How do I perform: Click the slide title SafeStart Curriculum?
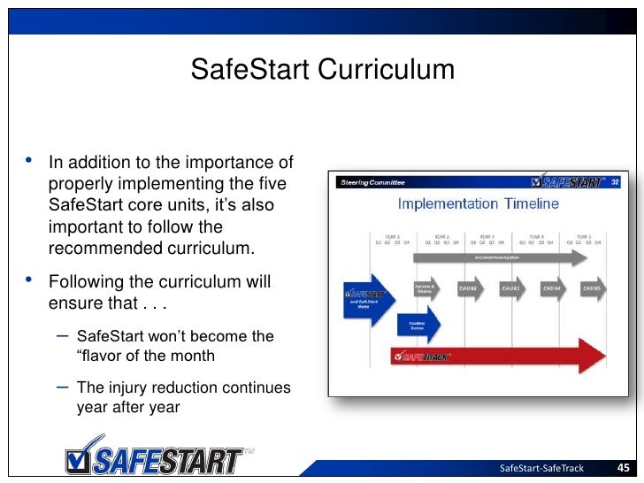pyautogui.click(x=322, y=69)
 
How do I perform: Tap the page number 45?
pyautogui.click(x=623, y=468)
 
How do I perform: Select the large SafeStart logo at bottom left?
pyautogui.click(x=156, y=457)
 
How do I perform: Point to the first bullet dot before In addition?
pyautogui.click(x=29, y=161)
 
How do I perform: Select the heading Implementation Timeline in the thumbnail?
pyautogui.click(x=478, y=204)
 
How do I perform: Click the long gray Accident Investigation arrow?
pyautogui.click(x=500, y=257)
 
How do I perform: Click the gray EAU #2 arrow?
pyautogui.click(x=468, y=288)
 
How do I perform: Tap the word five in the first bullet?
pyautogui.click(x=275, y=184)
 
